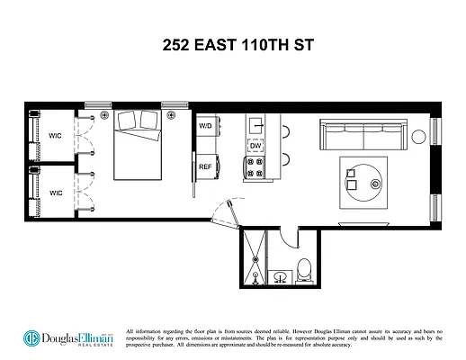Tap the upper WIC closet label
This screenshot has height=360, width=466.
tap(55, 137)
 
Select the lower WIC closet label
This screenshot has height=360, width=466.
tap(55, 192)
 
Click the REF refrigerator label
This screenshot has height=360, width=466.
tap(205, 166)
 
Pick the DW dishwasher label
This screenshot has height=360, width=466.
tap(255, 146)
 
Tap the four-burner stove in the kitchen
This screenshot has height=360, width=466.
tap(255, 166)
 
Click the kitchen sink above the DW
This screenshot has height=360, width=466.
tap(255, 124)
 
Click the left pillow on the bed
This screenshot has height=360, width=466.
tap(125, 119)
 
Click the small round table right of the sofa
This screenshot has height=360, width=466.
tap(418, 136)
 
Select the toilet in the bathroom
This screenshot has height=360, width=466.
tap(306, 268)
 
